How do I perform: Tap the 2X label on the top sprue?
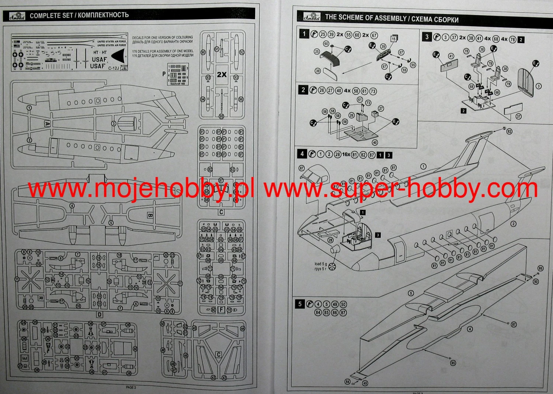pos(222,74)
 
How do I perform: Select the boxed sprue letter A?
pos(47,124)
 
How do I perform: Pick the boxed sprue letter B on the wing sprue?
pos(150,215)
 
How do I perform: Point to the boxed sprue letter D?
pos(99,314)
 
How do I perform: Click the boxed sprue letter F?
pos(221,310)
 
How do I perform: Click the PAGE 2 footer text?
pos(131,387)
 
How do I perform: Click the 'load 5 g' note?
pos(320,264)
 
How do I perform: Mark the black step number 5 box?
pos(300,304)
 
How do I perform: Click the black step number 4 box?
pos(302,154)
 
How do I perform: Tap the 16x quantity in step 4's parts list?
pos(346,154)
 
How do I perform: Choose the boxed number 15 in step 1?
pos(394,39)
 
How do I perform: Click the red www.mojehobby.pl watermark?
pos(142,189)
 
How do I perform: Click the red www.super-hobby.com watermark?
pos(401,189)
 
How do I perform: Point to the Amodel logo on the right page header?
pos(312,17)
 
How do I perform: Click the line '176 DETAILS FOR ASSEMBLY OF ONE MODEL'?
pos(163,51)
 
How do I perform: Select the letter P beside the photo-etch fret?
pos(164,74)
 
